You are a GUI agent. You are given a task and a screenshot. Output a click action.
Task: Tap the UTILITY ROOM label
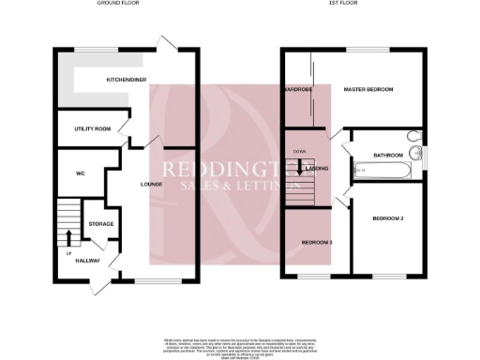coord(90,128)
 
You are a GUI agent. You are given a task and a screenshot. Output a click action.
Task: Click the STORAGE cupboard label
coord(100,224)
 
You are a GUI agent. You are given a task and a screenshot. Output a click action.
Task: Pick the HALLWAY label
coord(88,261)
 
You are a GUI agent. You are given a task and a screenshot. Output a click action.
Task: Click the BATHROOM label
coord(387,155)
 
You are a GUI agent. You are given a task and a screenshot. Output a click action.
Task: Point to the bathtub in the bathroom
coord(382,172)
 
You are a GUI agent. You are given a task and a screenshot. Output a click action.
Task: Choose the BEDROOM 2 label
coord(387,218)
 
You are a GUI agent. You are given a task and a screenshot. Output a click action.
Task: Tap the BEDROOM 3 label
coord(316,243)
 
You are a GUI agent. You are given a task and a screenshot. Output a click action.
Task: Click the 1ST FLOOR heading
coord(350,4)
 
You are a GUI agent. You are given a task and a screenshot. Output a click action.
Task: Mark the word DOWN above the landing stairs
coord(299,150)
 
